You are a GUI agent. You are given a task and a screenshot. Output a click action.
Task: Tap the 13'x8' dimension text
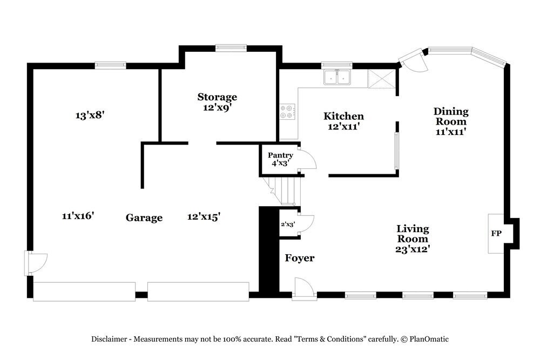pos(90,115)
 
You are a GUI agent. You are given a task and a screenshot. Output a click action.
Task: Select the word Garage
pos(144,218)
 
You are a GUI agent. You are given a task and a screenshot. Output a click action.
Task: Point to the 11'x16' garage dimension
pos(78,216)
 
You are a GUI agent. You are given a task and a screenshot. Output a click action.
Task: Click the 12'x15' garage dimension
pos(204,216)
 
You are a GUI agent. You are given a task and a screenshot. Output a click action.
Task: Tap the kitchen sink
pos(337,77)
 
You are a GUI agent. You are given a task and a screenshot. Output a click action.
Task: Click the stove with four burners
pos(287,112)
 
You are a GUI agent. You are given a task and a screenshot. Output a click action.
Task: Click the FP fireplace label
pos(496,233)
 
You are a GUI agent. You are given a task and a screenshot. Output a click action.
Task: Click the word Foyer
pos(300,258)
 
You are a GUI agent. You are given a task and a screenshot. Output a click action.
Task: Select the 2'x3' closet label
pos(288,225)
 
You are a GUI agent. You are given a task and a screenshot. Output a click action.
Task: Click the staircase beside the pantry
pos(282,191)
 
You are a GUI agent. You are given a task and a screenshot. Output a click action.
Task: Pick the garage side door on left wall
pos(36,263)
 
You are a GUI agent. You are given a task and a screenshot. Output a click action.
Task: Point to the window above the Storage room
pos(231,48)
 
